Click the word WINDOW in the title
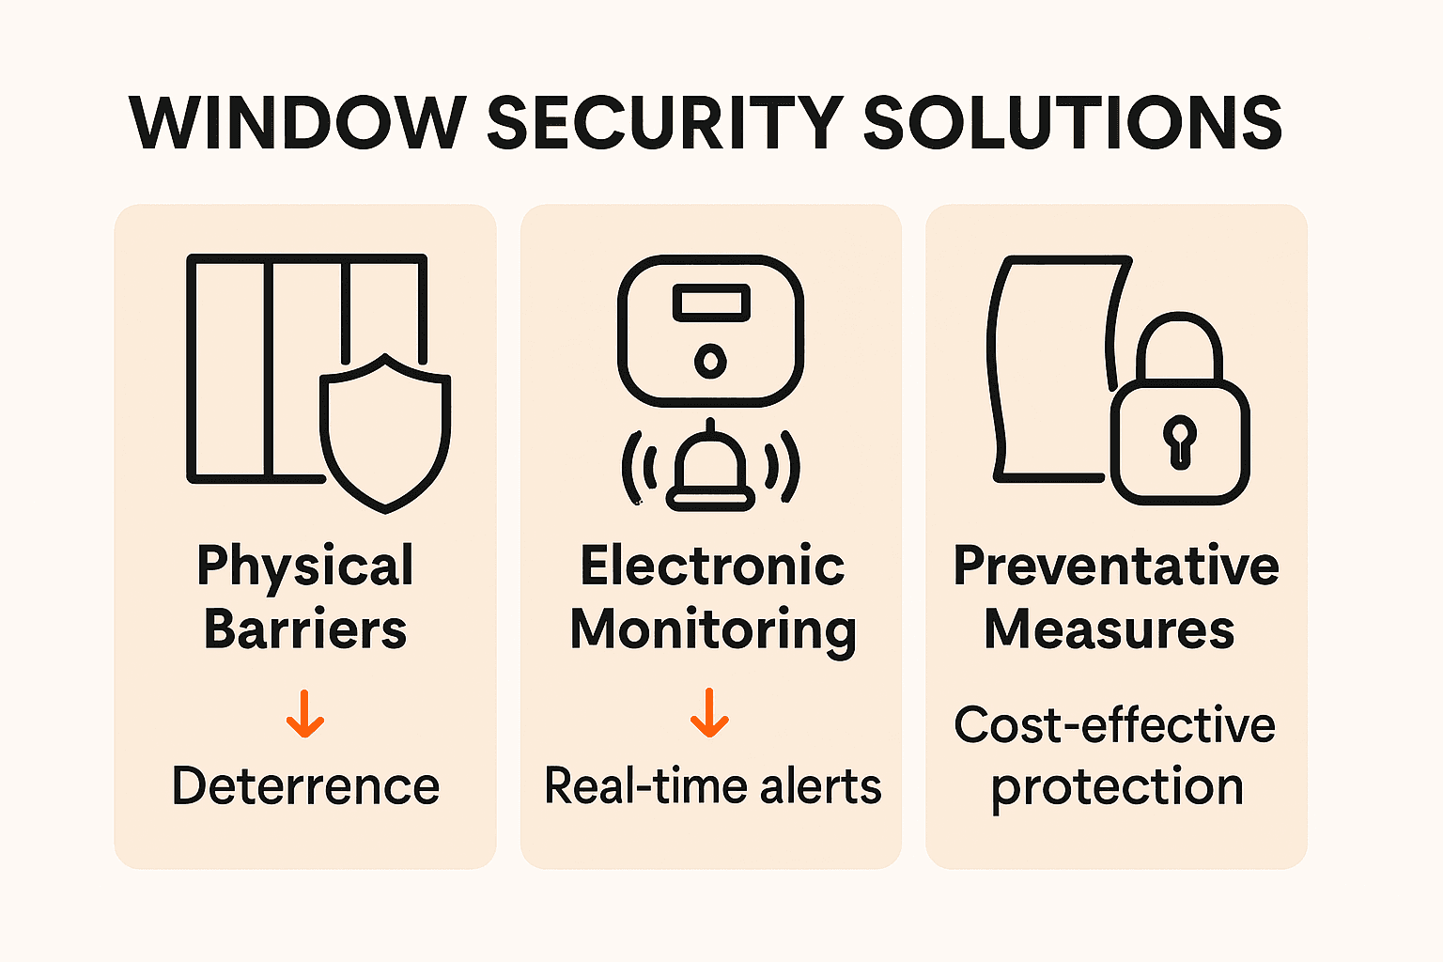tap(297, 123)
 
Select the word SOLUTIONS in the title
tap(1072, 123)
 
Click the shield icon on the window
tap(385, 433)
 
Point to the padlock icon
tap(1180, 423)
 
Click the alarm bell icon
tap(710, 470)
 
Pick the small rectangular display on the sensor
tap(711, 303)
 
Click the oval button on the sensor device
tap(710, 360)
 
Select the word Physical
tap(305, 567)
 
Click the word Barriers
tap(305, 629)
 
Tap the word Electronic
tap(712, 566)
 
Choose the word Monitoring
tap(713, 629)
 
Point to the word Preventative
tap(1116, 566)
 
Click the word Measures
tap(1109, 629)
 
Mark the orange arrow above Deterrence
tap(305, 714)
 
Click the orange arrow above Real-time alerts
tap(709, 714)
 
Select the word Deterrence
tap(305, 786)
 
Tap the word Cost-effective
tap(1115, 725)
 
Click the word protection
tap(1117, 787)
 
